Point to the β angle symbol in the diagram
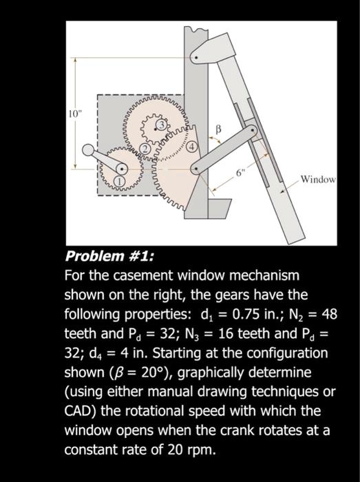(218, 127)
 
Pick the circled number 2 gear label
(145, 150)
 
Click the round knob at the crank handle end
(88, 150)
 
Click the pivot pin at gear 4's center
(198, 169)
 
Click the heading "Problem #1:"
(109, 257)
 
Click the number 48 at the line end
(329, 315)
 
